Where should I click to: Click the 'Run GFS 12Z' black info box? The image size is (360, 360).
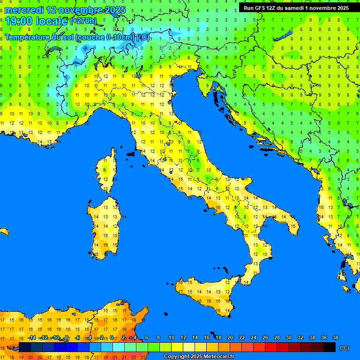295,8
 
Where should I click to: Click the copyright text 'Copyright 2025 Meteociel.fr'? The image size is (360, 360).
199,357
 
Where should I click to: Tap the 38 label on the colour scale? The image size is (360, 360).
335,337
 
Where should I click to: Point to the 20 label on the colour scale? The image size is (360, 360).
230,337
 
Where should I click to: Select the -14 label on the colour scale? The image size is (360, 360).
32,337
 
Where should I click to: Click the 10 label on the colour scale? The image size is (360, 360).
172,337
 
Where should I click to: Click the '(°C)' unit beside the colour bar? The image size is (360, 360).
344,348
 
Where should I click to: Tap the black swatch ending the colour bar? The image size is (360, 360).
330,347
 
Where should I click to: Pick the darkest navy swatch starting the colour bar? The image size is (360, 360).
25,347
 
